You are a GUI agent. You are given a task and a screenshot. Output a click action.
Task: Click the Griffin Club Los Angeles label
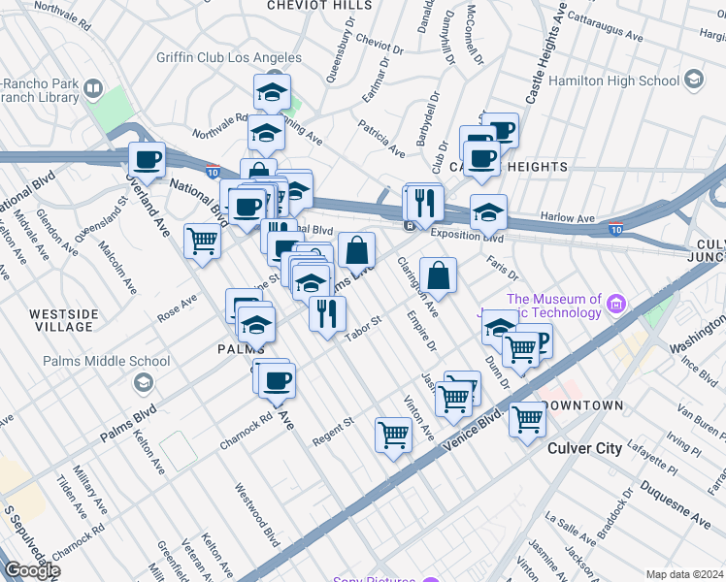tap(228, 57)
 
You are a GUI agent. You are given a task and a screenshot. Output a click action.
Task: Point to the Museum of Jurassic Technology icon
tap(615, 307)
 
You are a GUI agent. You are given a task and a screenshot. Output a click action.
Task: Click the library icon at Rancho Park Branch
tap(93, 90)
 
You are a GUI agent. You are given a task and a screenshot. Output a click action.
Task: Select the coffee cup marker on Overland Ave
tap(147, 159)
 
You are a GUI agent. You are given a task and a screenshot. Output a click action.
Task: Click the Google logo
tap(31, 569)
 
